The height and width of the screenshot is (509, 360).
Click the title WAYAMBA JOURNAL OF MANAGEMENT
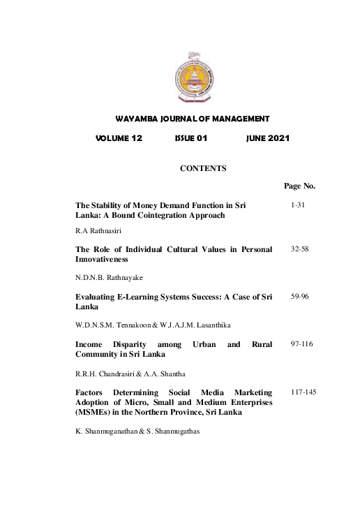coord(192,119)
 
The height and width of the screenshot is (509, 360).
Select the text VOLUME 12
coord(119,138)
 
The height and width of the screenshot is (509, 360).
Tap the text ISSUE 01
coord(191,138)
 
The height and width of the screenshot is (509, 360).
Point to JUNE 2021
coord(268,138)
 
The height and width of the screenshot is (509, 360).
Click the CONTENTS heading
coord(203,168)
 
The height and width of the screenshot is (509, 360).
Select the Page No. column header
coord(300,186)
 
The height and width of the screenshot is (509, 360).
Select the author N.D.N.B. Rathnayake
coord(109,277)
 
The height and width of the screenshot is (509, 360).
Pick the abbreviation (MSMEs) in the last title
coord(93,412)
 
